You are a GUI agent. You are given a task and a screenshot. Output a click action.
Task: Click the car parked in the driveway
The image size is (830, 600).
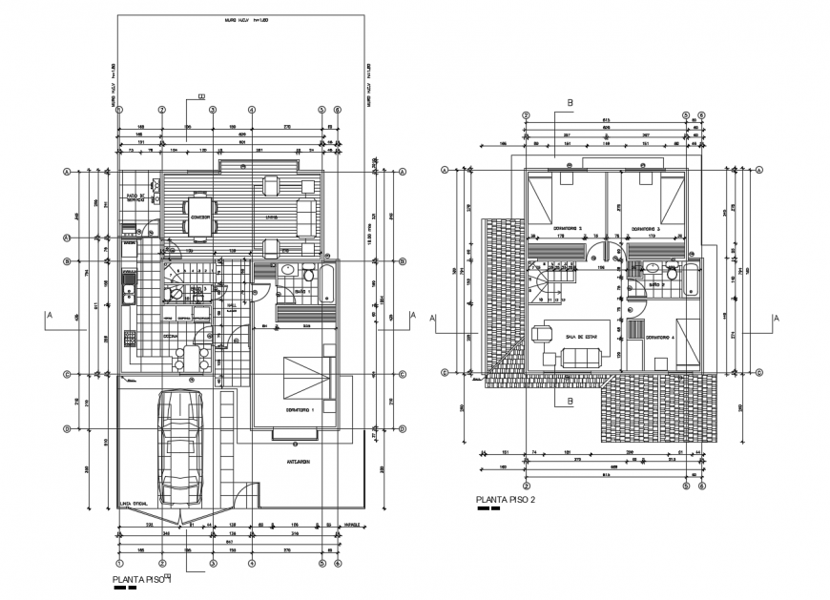click(x=181, y=447)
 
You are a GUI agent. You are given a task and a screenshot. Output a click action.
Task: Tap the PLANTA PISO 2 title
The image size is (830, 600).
click(x=507, y=499)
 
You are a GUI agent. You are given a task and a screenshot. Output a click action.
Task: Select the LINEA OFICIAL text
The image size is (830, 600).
click(x=132, y=505)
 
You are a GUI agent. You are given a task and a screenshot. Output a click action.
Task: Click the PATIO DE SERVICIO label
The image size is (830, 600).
click(x=135, y=198)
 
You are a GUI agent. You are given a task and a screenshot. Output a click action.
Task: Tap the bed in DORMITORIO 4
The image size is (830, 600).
click(x=688, y=341)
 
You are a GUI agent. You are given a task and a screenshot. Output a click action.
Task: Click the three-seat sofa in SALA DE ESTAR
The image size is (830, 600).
click(x=581, y=358)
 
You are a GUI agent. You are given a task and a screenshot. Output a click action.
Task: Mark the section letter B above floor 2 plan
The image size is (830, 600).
click(x=570, y=103)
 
